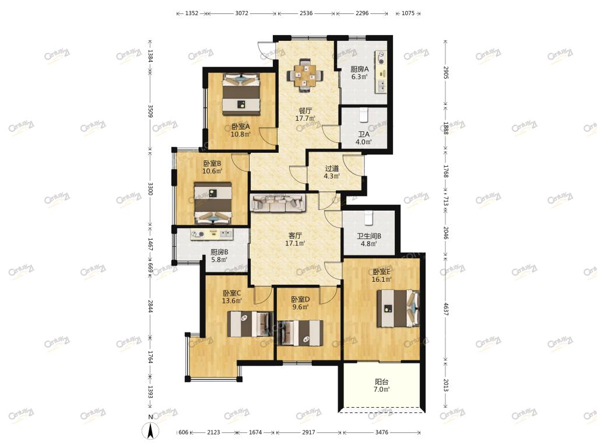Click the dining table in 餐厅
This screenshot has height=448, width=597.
point(304,75)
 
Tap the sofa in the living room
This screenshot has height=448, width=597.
point(278,202)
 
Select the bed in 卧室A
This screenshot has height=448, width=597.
point(241,94)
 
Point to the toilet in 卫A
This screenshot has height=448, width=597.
point(364,115)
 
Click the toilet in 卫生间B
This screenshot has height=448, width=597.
point(368,218)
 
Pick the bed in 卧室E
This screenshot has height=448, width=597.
point(398,308)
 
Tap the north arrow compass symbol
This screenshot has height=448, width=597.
point(150,430)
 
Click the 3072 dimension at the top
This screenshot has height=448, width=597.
point(241,13)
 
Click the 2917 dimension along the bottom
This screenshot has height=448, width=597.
point(308,432)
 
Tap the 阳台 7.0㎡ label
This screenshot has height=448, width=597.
point(381,385)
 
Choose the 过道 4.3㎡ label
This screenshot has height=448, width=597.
point(332,172)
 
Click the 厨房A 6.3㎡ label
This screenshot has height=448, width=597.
point(359,73)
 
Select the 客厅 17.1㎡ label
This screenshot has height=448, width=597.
point(295,239)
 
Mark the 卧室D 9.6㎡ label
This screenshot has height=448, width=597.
point(300,303)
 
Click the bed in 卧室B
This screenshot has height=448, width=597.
point(213,203)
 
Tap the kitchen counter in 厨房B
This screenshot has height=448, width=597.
point(212,235)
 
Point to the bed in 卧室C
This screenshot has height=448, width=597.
point(250,324)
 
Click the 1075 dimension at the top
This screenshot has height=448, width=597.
point(408,13)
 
